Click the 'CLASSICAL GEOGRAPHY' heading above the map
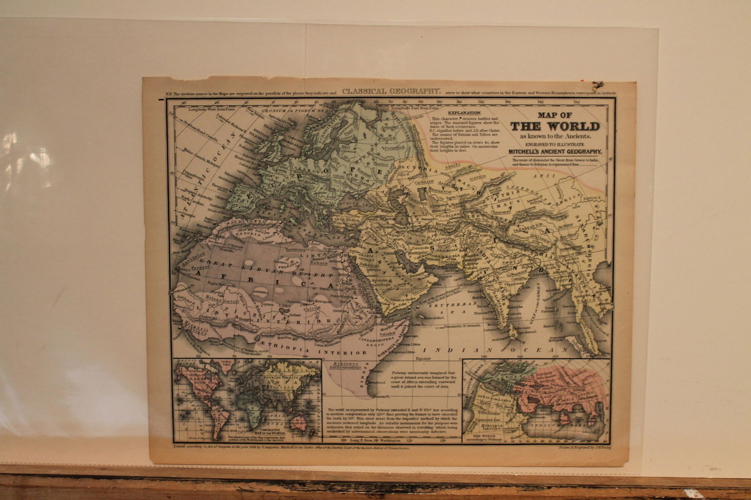point(391,91)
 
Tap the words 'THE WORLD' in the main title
point(555,126)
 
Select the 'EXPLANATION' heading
point(464,114)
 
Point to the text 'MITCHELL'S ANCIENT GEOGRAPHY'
point(555,152)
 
